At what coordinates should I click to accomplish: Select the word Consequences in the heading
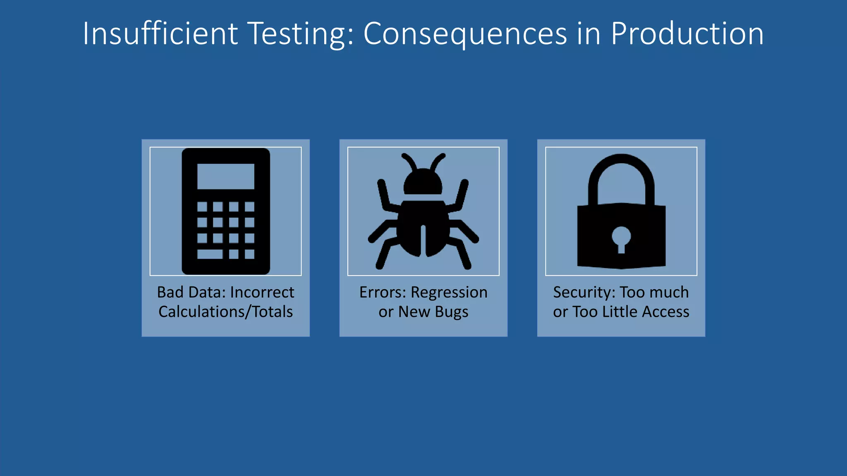(465, 33)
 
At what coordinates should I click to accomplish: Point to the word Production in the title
(687, 33)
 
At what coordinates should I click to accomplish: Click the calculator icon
(226, 211)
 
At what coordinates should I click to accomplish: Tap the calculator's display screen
(226, 176)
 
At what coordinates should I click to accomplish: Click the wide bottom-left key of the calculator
(210, 254)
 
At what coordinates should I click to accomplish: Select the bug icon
(423, 215)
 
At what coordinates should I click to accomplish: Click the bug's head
(423, 182)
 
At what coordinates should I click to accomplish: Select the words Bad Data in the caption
(191, 293)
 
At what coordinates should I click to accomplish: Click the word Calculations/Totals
(226, 312)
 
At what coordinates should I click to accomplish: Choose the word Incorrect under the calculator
(262, 293)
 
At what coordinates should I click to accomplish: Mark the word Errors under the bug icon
(383, 293)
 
